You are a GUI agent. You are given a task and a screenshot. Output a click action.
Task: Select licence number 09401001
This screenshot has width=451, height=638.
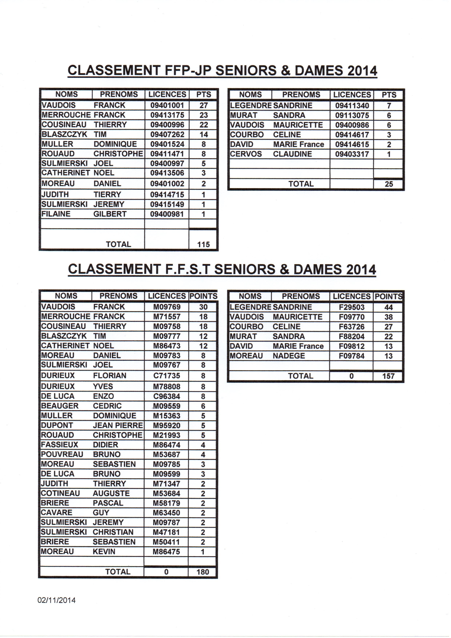coord(167,105)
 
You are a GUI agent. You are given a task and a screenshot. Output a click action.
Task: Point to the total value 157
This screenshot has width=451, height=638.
coord(388,376)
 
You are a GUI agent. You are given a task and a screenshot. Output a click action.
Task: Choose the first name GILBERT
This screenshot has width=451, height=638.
coord(110,214)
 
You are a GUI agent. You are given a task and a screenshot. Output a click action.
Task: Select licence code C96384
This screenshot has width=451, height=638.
coord(167,396)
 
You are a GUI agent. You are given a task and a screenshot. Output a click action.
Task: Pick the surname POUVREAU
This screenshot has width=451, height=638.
coord(62,454)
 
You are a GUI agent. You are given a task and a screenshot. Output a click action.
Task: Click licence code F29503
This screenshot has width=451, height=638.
coord(352,307)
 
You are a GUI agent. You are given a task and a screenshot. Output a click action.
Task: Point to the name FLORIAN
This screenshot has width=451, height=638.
coord(109,376)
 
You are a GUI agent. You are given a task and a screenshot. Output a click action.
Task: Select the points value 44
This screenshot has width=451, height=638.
coord(388,307)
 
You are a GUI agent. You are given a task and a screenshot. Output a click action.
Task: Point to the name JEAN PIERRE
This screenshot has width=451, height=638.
coord(118,425)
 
